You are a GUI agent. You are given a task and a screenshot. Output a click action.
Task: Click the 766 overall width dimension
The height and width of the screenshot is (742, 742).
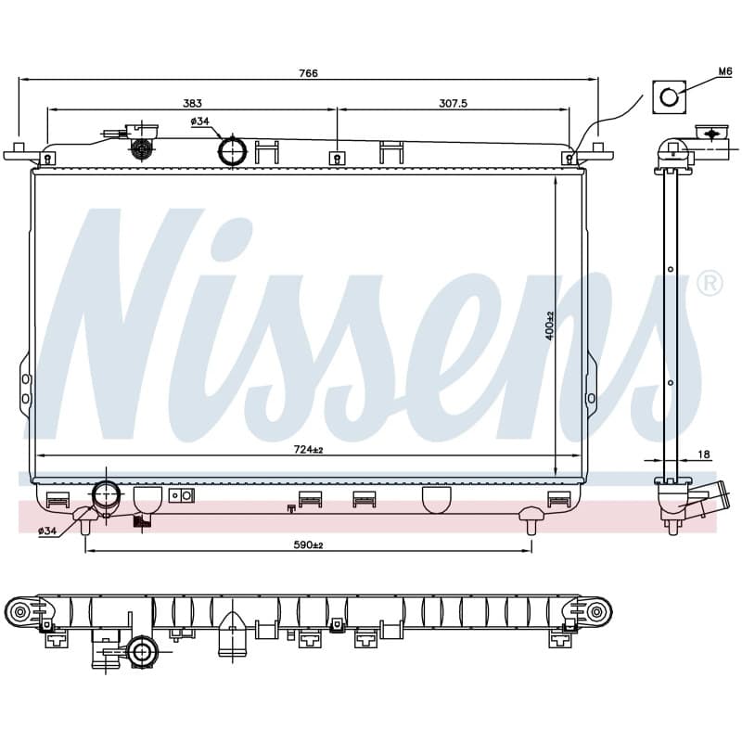308,73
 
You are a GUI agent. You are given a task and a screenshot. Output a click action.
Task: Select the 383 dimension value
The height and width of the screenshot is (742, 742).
192,103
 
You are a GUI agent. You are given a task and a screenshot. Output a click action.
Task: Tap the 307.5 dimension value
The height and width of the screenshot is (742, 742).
453,103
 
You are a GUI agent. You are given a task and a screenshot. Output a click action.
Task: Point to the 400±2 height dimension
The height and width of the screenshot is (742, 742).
549,326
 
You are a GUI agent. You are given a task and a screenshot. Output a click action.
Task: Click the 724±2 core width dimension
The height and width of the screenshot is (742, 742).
308,450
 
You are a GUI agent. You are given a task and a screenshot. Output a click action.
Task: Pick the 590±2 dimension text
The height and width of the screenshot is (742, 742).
308,545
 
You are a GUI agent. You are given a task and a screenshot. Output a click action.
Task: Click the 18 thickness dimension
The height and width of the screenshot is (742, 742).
704,454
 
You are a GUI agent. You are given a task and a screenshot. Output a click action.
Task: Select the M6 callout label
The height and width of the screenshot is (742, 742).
725,71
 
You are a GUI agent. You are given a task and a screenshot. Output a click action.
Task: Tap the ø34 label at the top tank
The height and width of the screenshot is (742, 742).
199,122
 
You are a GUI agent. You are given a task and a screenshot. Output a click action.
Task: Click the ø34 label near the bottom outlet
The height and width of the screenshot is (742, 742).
47,531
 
